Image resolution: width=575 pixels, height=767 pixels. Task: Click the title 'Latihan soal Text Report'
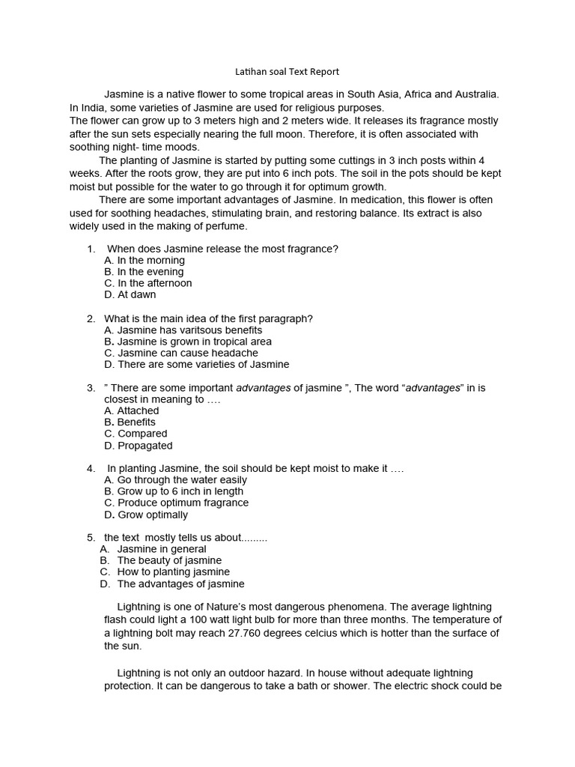tap(287, 72)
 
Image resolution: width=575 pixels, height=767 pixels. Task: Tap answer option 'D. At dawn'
tap(130, 295)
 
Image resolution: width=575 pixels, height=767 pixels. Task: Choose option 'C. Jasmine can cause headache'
tap(181, 353)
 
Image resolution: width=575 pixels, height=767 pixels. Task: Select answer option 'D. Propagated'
tap(139, 446)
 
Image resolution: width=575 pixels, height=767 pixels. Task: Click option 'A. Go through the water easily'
tap(175, 479)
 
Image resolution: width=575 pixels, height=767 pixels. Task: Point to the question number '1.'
tap(91, 249)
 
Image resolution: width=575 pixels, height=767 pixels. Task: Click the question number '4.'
tap(91, 468)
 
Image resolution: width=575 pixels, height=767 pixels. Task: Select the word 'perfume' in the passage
tap(226, 226)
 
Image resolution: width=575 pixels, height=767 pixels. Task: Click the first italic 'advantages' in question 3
tap(264, 388)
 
